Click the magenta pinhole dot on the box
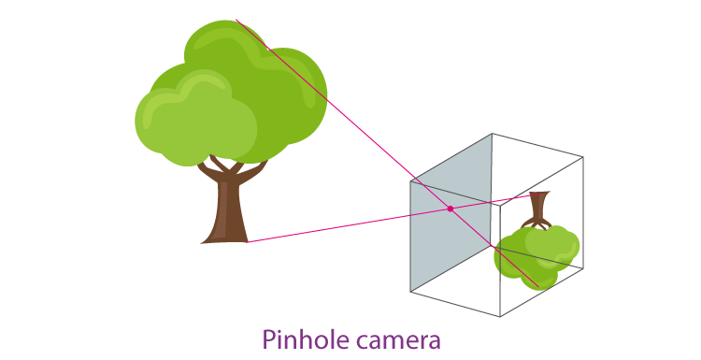(450, 209)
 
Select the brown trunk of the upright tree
(227, 210)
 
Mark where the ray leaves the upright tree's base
(247, 242)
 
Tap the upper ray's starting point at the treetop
(236, 20)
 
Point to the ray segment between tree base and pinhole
(346, 225)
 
